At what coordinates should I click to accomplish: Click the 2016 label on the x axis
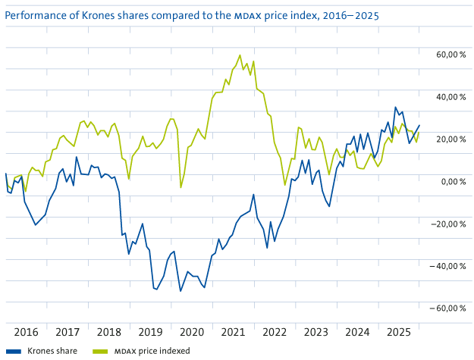pyautogui.click(x=26, y=332)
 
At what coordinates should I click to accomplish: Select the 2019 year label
pyautogui.click(x=150, y=332)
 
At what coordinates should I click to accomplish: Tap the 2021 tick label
pyautogui.click(x=233, y=332)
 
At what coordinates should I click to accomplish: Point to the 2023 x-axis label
pyautogui.click(x=315, y=332)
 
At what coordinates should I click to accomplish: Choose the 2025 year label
pyautogui.click(x=398, y=332)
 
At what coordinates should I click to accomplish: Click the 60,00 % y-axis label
pyautogui.click(x=450, y=55)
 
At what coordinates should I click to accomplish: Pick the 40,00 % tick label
pyautogui.click(x=450, y=97)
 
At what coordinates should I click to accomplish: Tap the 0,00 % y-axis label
pyautogui.click(x=453, y=181)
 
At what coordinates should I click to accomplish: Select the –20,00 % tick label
pyautogui.click(x=449, y=224)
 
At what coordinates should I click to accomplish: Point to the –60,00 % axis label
pyautogui.click(x=449, y=308)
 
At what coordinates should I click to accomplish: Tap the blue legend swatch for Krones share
pyautogui.click(x=13, y=351)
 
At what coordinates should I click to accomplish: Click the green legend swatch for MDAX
pyautogui.click(x=100, y=351)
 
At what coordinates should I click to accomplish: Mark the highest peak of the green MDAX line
pyautogui.click(x=240, y=55)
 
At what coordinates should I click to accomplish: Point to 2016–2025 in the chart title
pyautogui.click(x=353, y=14)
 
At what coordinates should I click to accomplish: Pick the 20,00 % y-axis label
pyautogui.click(x=450, y=139)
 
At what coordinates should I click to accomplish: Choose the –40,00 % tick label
pyautogui.click(x=449, y=266)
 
